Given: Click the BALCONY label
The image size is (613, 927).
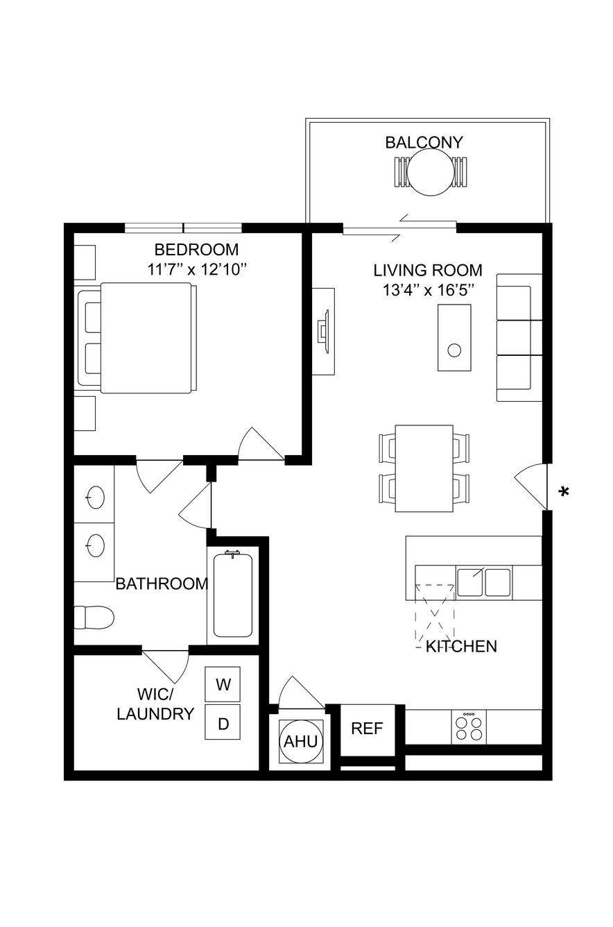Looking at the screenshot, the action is [424, 142].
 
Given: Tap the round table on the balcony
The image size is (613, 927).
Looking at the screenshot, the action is [431, 172].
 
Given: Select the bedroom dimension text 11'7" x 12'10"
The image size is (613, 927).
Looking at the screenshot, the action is [197, 270].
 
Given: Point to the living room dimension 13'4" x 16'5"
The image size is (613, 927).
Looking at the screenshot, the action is [428, 290].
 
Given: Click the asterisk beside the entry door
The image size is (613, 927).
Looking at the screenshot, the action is [563, 492].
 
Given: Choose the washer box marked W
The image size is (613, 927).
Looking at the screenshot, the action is [223, 684].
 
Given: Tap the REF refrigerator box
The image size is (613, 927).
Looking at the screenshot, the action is [368, 729].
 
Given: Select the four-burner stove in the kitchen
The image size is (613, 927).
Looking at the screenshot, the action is [469, 728].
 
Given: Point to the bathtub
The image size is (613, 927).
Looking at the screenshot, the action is [233, 595].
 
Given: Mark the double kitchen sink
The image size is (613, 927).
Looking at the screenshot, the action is [484, 582].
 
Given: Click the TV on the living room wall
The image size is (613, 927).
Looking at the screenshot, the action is [323, 332].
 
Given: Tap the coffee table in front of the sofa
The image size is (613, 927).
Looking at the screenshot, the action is [455, 338].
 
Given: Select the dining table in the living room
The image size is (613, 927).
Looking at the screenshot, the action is [424, 468].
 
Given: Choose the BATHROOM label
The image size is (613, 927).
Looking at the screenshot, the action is [162, 584].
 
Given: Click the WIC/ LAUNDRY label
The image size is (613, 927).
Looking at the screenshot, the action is [155, 704].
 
